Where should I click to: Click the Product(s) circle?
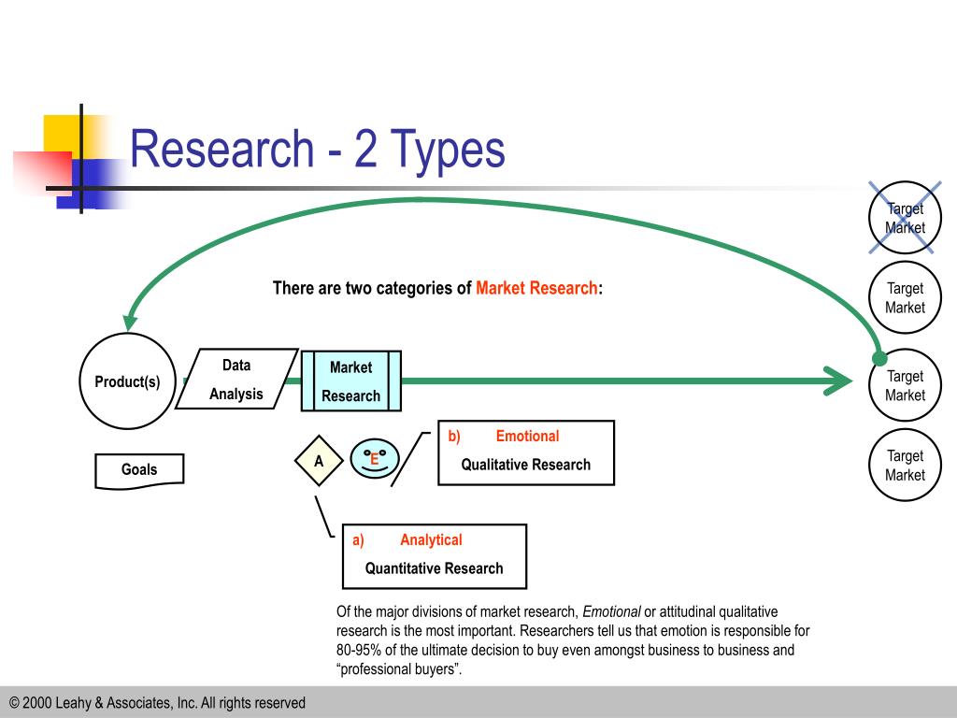127,381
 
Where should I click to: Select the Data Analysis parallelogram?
236,380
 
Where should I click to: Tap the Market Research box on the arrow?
350,381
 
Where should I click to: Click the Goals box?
139,470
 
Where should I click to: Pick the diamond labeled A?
319,461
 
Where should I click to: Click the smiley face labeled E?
374,459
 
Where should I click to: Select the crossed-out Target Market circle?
905,218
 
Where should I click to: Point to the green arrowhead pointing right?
836,381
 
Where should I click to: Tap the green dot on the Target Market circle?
879,359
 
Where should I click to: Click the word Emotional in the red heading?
527,436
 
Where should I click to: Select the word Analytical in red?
431,539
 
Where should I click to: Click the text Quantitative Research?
434,568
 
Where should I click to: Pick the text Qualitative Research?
525,465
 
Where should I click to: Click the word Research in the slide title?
221,150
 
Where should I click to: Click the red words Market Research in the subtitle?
536,288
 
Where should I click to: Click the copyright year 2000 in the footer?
41,702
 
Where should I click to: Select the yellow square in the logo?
61,131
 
